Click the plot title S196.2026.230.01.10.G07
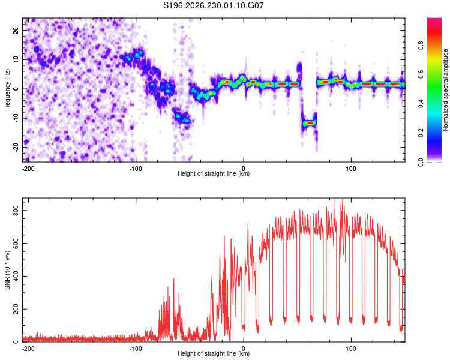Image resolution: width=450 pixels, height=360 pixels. click(x=213, y=5)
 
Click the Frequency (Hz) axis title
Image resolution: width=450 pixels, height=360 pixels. click(x=7, y=90)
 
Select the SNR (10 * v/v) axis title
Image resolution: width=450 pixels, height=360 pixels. click(x=7, y=270)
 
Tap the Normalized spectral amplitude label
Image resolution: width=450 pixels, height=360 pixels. click(x=445, y=90)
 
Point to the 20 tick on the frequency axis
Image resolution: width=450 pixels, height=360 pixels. click(x=16, y=30)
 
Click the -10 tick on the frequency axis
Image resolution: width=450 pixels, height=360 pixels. click(x=16, y=118)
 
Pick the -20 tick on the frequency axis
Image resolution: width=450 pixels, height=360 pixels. click(x=16, y=148)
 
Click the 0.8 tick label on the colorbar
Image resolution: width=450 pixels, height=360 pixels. click(x=421, y=45)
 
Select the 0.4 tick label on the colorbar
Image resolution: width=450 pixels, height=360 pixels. click(x=421, y=104)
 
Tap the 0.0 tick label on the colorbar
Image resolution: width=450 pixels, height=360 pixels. click(x=421, y=162)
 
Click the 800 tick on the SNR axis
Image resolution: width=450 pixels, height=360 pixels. click(x=16, y=211)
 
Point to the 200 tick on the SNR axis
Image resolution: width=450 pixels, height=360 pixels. click(x=16, y=309)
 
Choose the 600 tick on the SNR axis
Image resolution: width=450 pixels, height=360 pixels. click(x=16, y=243)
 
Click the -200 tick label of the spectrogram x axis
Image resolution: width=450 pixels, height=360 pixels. click(x=28, y=169)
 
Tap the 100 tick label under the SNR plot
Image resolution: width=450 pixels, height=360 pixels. click(x=351, y=349)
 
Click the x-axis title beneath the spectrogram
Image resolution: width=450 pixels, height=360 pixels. click(x=214, y=173)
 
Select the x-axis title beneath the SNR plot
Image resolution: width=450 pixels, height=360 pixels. click(x=214, y=353)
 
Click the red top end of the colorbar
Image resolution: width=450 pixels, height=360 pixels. click(x=434, y=19)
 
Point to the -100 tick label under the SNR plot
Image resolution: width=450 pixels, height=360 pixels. click(x=136, y=349)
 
